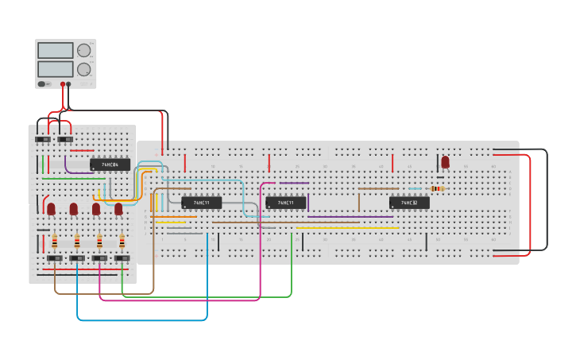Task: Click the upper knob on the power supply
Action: tap(83, 51)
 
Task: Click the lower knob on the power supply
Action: tap(83, 69)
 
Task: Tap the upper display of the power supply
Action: tap(55, 51)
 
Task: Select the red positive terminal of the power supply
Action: tap(62, 83)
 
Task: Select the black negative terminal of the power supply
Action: tap(69, 83)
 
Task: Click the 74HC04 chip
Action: tap(110, 165)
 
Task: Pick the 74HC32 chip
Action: tap(409, 203)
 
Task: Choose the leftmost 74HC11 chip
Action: tap(202, 203)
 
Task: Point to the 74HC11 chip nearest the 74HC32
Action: tap(286, 203)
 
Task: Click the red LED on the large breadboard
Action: tap(445, 161)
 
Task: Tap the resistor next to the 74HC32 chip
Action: tap(436, 188)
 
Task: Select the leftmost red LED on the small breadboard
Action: tap(51, 208)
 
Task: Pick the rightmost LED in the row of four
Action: tap(118, 208)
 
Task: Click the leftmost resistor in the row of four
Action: tap(55, 241)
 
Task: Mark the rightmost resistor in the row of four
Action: tap(122, 241)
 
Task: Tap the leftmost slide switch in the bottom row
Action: tap(55, 258)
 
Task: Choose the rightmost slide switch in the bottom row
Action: tap(122, 258)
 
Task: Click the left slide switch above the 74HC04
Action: tap(43, 139)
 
